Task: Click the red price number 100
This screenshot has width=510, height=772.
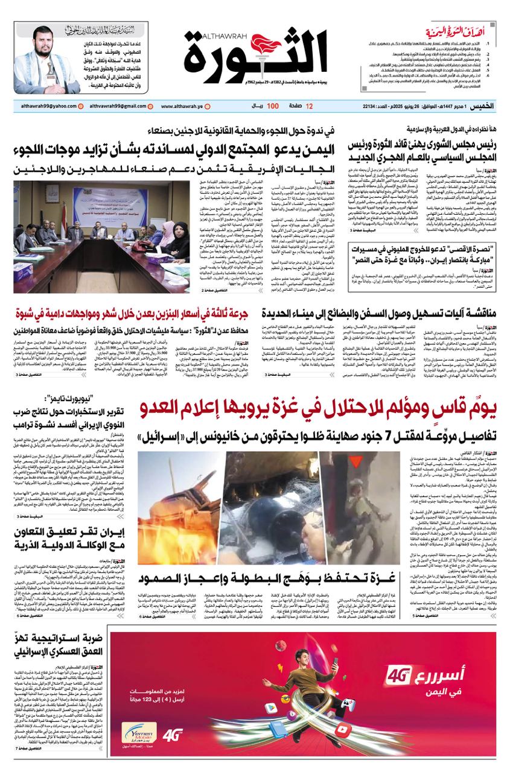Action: coord(272,106)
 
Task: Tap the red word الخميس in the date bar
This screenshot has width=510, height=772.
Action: coord(483,106)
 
